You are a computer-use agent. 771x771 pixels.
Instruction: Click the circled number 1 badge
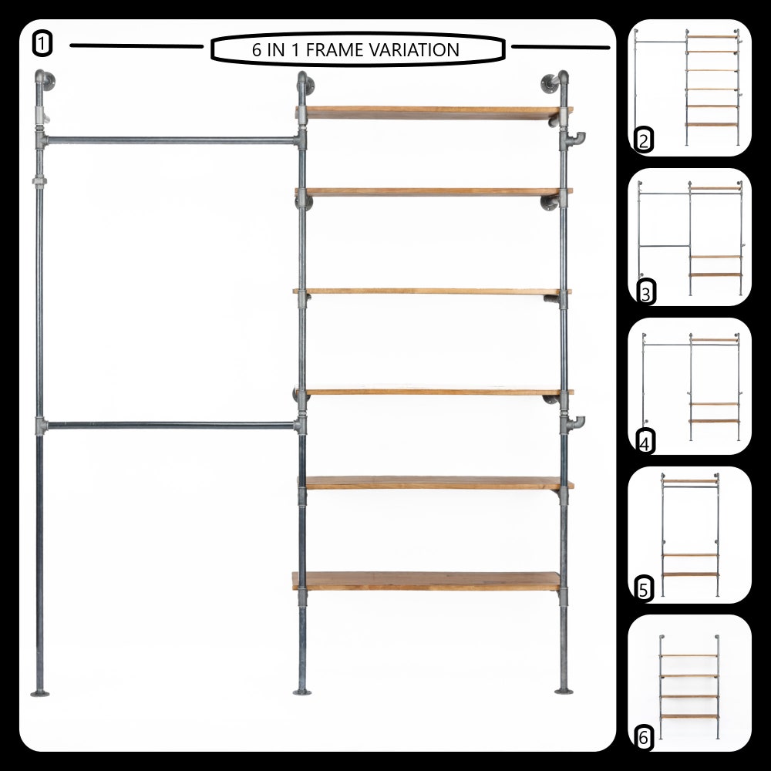tap(42, 43)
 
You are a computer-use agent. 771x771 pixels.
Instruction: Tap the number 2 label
tap(644, 140)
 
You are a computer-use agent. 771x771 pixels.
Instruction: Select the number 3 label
tap(645, 293)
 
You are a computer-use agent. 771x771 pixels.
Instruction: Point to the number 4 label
tap(645, 443)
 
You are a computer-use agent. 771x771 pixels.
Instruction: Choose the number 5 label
tap(644, 589)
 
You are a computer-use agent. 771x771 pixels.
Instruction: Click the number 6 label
tap(644, 738)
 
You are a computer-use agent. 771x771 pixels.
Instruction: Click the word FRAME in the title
tap(335, 49)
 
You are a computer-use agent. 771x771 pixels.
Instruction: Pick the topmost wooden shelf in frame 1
tap(433, 113)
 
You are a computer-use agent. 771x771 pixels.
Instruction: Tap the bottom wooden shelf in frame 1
tap(427, 581)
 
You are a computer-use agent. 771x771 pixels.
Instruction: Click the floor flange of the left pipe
tap(40, 694)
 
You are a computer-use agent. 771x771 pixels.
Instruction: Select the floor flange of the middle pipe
tap(302, 692)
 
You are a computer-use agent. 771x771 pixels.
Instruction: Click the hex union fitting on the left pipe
tap(39, 181)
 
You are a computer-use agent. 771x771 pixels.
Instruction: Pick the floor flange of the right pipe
tap(564, 692)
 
